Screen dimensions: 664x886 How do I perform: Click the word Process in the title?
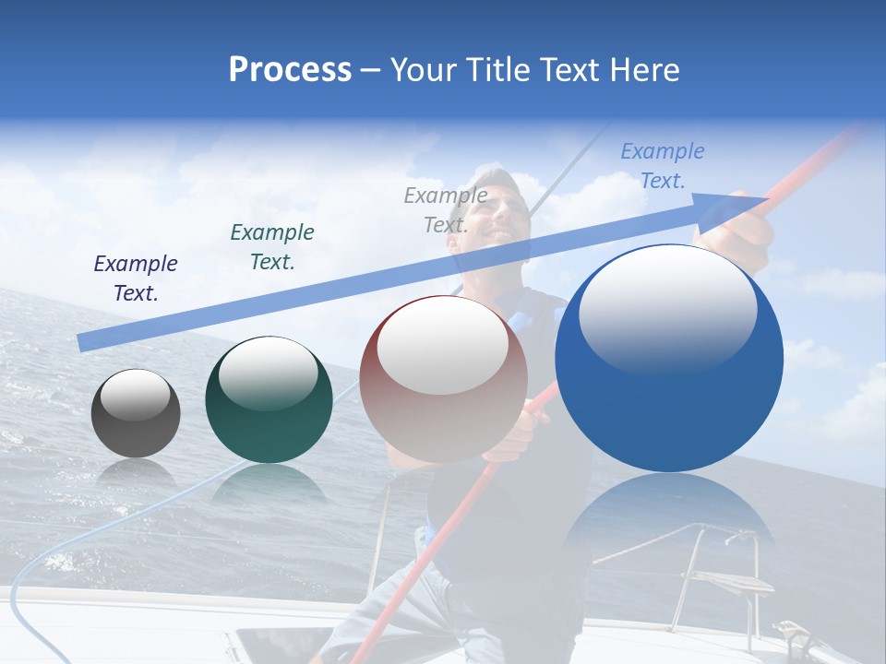290,70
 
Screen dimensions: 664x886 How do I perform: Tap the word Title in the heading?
498,70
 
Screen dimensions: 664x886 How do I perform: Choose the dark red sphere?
443,406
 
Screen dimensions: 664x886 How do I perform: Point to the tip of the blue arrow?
766,198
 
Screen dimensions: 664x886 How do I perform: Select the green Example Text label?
272,247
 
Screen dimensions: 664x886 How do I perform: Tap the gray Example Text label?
446,209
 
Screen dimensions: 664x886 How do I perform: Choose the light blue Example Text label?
663,166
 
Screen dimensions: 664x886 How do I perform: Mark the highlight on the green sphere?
269,373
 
